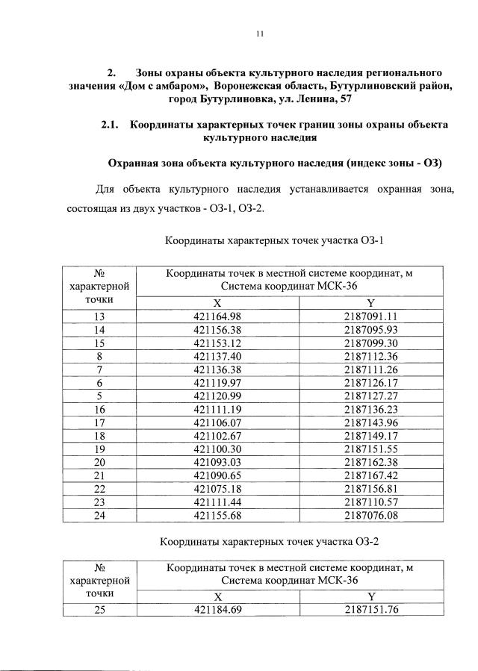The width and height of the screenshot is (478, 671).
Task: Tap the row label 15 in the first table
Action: (x=99, y=343)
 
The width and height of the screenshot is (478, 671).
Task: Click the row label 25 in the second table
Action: (x=99, y=610)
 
